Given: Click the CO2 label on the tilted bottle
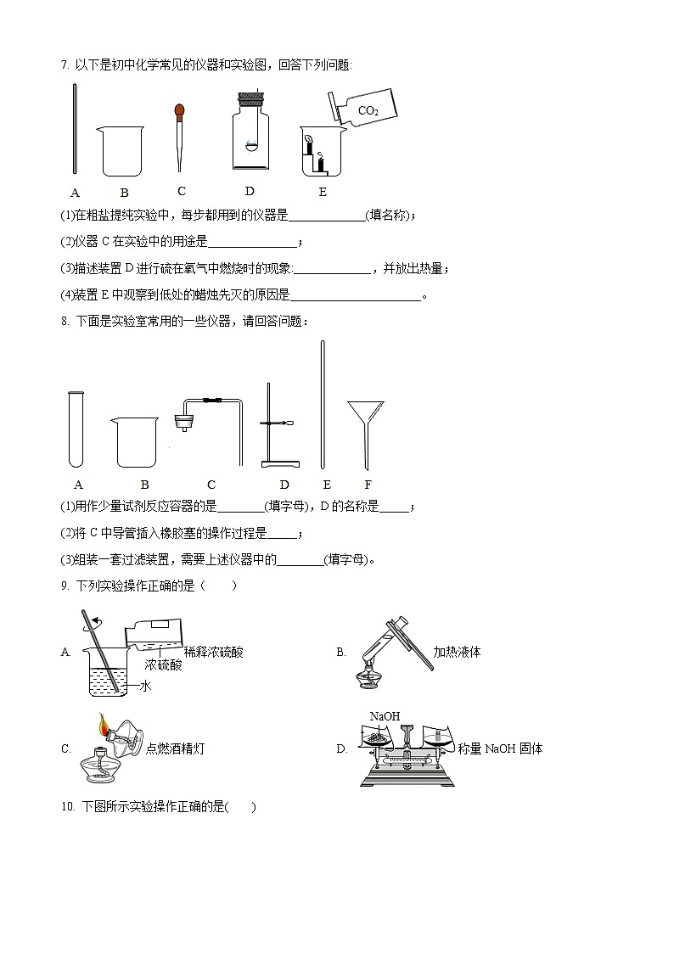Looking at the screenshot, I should (368, 111).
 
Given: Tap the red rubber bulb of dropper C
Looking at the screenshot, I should (180, 110).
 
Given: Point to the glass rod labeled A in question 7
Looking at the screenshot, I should (76, 131).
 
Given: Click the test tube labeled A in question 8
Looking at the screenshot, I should (76, 429).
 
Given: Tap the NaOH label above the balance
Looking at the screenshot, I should (385, 716).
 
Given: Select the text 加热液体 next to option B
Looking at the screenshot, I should (457, 653).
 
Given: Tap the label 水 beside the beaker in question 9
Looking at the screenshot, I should (145, 687).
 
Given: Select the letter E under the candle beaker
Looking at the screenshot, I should (323, 192).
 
